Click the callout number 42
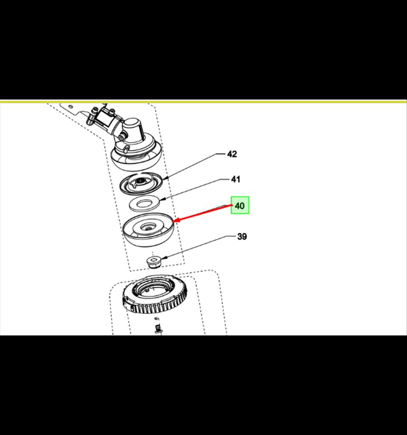pos(232,154)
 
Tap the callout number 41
pos(235,179)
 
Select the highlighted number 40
pos(240,206)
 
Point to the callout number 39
pos(242,236)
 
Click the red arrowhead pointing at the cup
pos(175,221)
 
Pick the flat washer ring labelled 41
pos(144,203)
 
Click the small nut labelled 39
pos(154,262)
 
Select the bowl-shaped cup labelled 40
pos(148,229)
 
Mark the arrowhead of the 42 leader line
pos(165,178)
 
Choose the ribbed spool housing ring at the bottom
pos(155,295)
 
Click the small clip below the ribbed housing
pos(158,327)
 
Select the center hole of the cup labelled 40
pos(147,228)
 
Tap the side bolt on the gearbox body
pos(122,137)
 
